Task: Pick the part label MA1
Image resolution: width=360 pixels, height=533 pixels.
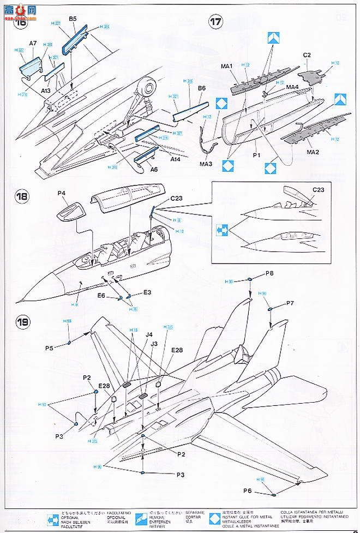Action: coord(227,66)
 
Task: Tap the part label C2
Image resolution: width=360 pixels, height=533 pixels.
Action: coord(307,55)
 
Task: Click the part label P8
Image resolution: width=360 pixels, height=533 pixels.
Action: coord(269,273)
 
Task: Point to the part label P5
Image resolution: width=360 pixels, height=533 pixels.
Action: coord(50,348)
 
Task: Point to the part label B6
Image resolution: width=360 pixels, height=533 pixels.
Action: coord(201,88)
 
